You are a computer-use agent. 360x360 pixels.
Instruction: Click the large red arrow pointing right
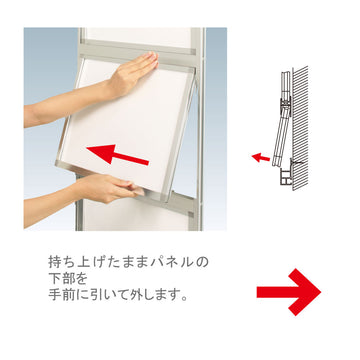tap(289, 292)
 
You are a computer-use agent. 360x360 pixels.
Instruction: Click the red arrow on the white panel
tap(117, 154)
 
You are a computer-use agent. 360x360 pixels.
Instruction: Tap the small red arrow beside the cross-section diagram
tap(261, 157)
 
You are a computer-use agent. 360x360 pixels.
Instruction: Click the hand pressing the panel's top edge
tap(133, 72)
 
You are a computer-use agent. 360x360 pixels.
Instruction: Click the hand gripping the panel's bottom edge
tap(110, 188)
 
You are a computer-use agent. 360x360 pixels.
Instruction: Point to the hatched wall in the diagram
tap(300, 128)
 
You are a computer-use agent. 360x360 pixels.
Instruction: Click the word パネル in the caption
tap(173, 262)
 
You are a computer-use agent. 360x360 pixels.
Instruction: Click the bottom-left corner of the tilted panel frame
tap(57, 164)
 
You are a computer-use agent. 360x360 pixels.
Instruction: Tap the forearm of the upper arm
tap(67, 107)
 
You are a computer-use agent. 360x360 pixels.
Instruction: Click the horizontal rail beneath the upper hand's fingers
tap(137, 54)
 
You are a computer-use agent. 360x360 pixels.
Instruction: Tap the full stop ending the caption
tap(184, 298)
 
